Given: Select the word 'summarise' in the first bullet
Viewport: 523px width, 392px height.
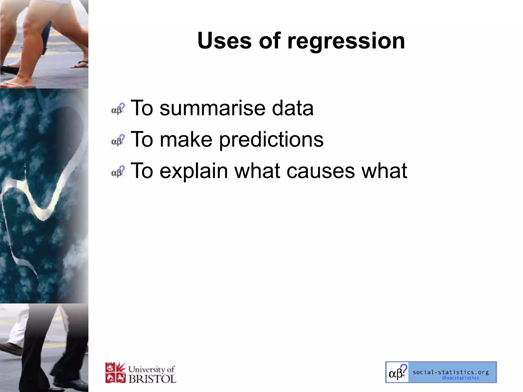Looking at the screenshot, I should coord(212,108).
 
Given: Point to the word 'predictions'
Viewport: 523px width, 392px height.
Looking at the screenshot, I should coord(271,140).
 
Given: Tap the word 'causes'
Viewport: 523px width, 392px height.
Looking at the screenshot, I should coord(320,171).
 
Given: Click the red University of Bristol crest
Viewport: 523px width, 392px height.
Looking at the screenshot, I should coord(115,373).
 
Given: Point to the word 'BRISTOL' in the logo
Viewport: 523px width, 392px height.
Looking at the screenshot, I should coord(152,379).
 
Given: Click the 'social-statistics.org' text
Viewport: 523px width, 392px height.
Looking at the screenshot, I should coord(451,372).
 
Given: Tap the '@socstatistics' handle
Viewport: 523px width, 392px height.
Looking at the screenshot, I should coord(460,378).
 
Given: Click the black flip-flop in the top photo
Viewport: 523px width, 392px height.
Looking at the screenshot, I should coord(9,69).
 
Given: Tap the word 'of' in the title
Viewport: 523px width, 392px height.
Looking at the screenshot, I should coord(270,41).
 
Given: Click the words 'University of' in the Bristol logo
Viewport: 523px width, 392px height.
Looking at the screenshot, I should coord(151,369).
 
